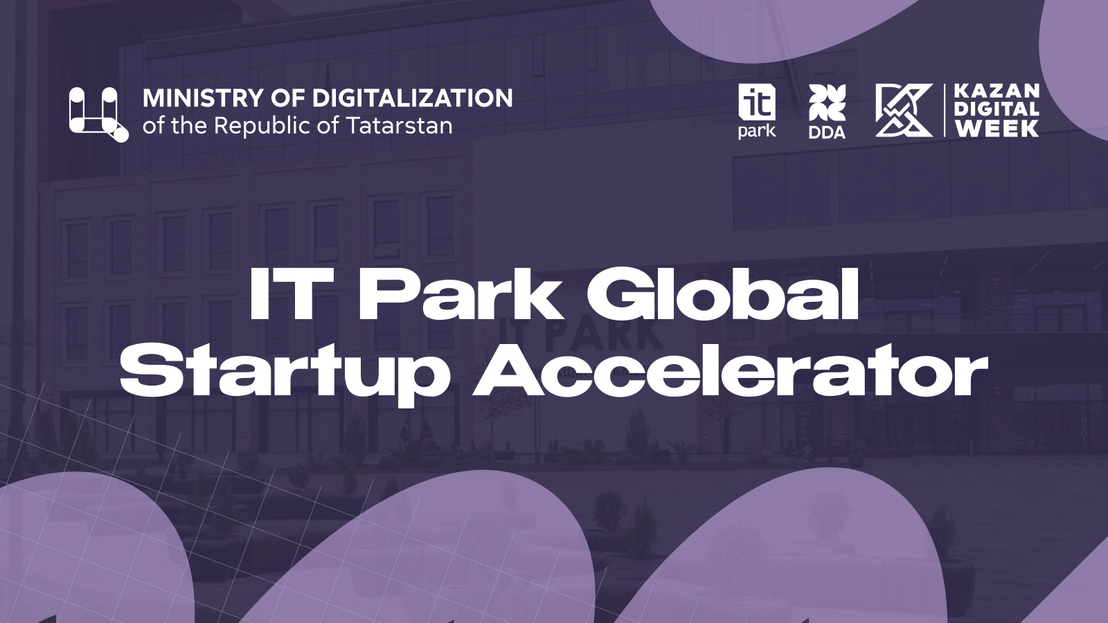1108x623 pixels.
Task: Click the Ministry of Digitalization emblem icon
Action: click(99, 115)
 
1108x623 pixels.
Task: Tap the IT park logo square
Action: click(757, 102)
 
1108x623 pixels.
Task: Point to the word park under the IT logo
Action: click(757, 132)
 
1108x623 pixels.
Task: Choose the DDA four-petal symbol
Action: click(827, 102)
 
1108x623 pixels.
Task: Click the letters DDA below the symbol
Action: click(827, 132)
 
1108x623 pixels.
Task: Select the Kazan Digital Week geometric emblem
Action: click(904, 110)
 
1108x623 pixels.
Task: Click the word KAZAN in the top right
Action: click(997, 91)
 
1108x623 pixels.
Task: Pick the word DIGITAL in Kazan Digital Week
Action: click(997, 110)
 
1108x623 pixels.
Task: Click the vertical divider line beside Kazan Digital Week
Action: click(944, 110)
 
